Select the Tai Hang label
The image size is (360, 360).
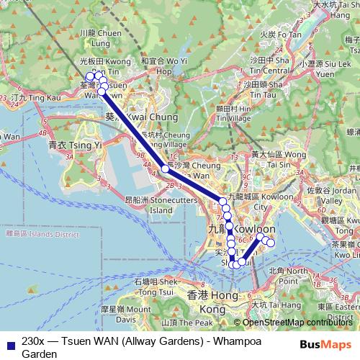click(x=272, y=305)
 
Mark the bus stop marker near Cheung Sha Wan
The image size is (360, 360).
click(x=165, y=169)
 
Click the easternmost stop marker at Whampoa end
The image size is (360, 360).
click(x=271, y=243)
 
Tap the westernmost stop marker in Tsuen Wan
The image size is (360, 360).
click(x=89, y=76)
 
